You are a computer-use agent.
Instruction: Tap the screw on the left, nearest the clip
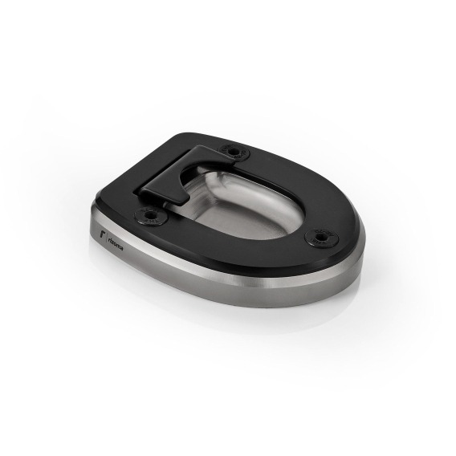click(149, 215)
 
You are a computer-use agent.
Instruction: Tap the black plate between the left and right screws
click(233, 245)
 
